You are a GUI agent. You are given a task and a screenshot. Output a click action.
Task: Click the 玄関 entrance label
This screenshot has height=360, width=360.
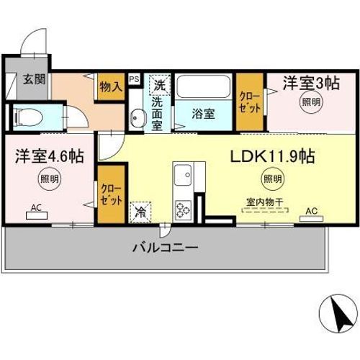coord(35,78)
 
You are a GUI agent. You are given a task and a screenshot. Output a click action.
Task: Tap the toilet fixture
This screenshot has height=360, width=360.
coord(29,117)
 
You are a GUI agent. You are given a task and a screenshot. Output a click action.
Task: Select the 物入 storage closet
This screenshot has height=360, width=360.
coord(111,86)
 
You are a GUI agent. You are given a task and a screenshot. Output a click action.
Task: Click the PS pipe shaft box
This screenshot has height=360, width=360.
coord(135,79)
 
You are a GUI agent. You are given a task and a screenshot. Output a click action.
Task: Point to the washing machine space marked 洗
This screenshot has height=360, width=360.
coord(160,85)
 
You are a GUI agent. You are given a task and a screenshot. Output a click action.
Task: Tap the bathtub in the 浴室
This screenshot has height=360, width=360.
coord(204,86)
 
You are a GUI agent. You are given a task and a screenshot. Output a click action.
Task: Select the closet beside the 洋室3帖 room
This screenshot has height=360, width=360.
coord(250,102)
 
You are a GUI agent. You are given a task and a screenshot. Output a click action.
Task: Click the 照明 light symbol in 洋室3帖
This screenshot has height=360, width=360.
coord(311,102)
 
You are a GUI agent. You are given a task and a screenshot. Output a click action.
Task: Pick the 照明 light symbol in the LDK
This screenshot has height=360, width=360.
coord(272,179)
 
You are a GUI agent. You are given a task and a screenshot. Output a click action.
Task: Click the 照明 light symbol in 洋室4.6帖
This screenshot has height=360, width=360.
coord(49,179)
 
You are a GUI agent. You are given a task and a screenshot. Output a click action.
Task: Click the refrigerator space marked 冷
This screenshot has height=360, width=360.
coord(140,212)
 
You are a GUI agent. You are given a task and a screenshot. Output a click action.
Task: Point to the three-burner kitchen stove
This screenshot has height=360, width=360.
coord(183,210)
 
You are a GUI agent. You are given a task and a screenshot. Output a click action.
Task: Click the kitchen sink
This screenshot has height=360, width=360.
coord(183,175)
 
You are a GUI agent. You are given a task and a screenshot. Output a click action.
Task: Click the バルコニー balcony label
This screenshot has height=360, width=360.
coord(166,248)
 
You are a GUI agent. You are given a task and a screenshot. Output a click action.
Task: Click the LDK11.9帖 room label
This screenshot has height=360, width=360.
coord(273,156)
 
